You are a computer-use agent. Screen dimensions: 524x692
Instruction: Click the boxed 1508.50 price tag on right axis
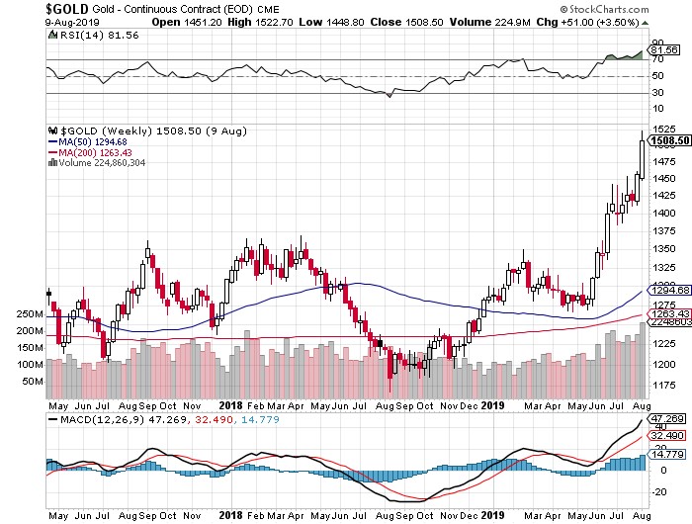(667, 140)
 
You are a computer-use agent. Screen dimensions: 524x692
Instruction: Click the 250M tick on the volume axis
(30, 313)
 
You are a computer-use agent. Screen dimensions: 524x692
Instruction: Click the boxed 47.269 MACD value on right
(667, 419)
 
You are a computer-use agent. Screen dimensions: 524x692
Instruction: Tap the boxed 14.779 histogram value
(667, 454)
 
